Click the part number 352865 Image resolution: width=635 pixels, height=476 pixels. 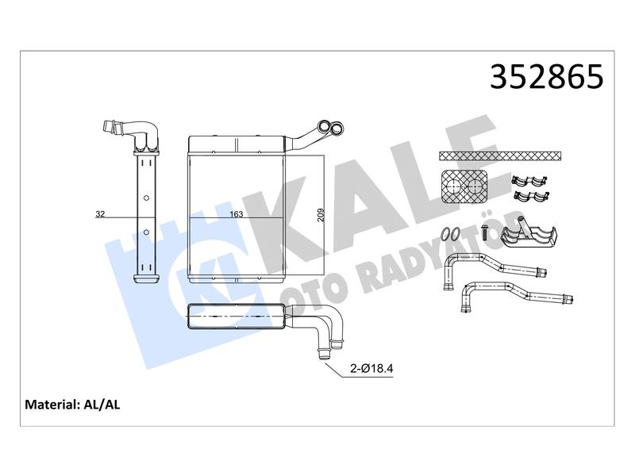(x=547, y=76)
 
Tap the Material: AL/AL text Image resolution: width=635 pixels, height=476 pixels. (x=72, y=405)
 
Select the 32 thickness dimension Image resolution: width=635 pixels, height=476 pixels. (x=100, y=213)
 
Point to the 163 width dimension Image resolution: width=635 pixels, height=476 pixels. (x=237, y=214)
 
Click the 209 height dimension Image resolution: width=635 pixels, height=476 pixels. (x=321, y=214)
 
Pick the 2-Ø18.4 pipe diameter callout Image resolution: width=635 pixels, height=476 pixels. (x=371, y=368)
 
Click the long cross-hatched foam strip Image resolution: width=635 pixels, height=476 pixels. (x=501, y=155)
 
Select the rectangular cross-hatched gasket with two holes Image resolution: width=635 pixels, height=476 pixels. (x=464, y=186)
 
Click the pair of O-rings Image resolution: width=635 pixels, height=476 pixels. (x=451, y=234)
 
